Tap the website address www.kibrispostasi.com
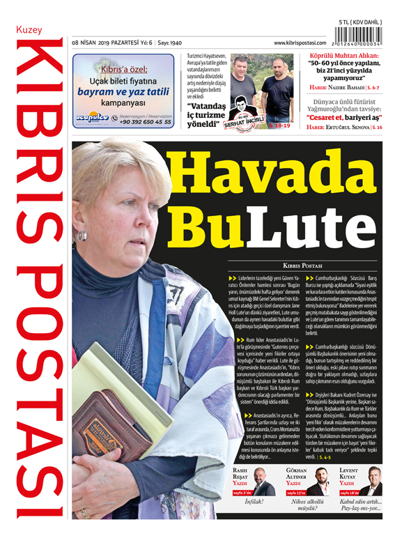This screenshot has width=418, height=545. click(301, 43)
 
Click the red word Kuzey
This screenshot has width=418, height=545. click(29, 30)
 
